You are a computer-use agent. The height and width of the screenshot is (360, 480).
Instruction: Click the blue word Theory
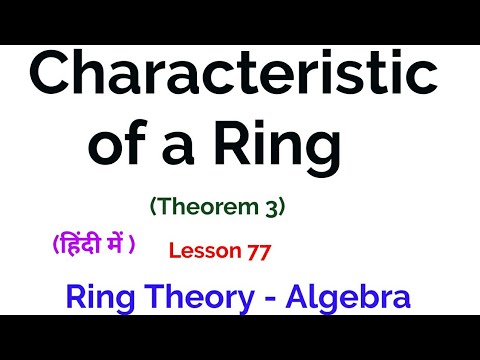(200, 297)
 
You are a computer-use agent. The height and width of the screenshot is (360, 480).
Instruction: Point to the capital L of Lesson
(174, 251)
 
